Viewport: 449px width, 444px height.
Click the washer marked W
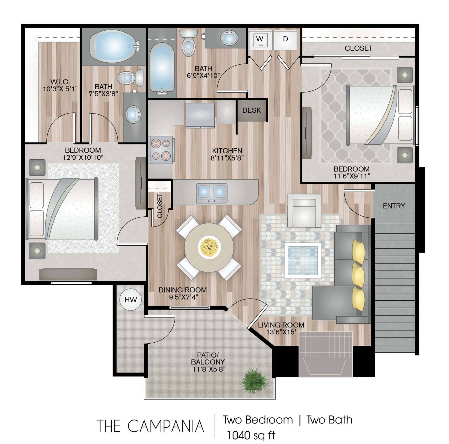(260, 40)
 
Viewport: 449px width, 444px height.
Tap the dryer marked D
(285, 40)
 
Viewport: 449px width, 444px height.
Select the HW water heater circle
(130, 300)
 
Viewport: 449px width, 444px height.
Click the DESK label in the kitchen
(252, 110)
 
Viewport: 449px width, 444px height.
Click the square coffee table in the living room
(303, 260)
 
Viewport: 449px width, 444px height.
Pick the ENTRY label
(394, 206)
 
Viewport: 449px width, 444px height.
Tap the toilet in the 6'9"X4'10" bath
(188, 43)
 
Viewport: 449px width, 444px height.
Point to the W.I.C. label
(60, 82)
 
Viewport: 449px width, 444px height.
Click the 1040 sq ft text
(251, 435)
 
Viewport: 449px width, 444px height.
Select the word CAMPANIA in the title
(166, 426)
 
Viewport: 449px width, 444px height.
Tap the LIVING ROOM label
(281, 325)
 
